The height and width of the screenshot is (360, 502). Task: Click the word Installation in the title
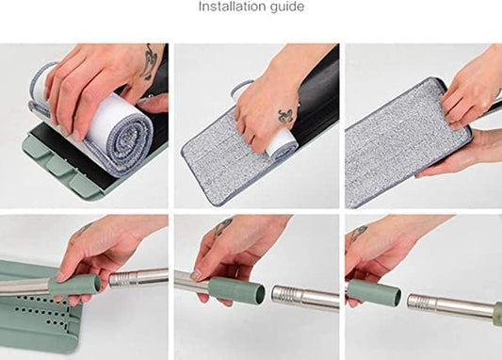232,6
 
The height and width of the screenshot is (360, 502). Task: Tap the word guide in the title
287,7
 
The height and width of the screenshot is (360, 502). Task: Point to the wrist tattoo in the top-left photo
150,61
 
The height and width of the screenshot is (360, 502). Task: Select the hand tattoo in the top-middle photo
286,115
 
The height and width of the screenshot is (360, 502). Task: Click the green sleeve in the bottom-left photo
74,285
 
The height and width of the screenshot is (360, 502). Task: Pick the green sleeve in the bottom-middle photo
236,291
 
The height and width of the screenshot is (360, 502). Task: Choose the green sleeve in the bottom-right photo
374,292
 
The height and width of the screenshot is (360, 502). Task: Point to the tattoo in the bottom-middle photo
223,225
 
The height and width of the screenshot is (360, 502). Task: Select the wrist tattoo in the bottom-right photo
359,232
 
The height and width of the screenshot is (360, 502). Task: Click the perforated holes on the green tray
41,312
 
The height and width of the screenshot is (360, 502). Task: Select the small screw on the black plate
149,95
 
